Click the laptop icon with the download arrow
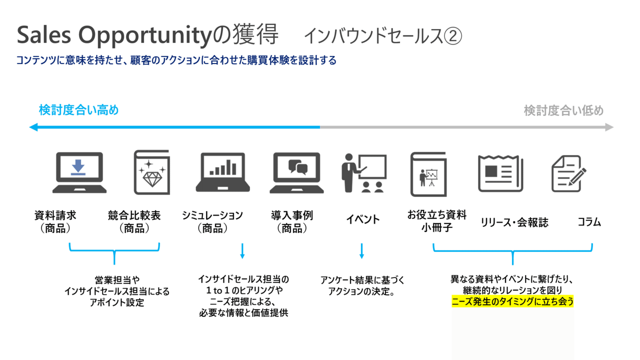79,172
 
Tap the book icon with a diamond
152,172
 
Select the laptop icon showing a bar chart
223,172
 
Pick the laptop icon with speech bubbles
296,172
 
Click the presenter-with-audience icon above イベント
364,173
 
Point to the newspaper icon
500,173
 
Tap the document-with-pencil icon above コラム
568,173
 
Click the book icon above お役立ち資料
428,174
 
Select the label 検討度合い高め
78,110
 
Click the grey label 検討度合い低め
563,110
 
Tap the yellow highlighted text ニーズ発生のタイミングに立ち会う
512,301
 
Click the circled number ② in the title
453,36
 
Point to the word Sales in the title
43,35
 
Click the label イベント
363,219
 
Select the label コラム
589,222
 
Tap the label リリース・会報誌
514,222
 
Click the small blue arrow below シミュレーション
242,251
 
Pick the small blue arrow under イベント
361,251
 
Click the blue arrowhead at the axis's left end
33,127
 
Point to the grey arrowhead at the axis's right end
609,127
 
